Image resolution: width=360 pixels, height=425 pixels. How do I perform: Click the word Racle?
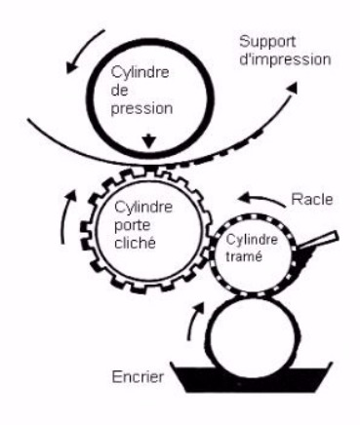312,199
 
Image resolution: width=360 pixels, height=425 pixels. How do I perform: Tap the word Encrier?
138,377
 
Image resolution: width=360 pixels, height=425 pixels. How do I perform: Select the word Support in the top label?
267,43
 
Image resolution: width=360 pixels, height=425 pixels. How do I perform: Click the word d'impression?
285,60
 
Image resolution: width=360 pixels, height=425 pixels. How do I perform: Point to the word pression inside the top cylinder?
141,109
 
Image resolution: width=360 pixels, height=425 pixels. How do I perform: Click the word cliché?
135,242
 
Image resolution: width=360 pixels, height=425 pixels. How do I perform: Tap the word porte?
133,226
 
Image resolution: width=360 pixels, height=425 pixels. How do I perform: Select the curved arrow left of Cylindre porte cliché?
64,216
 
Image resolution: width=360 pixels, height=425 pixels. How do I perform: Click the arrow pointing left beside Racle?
262,199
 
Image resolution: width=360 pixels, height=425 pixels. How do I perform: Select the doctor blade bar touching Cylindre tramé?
319,241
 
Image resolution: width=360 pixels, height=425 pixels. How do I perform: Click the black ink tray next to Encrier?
252,378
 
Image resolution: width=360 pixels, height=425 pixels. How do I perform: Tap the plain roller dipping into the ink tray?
253,330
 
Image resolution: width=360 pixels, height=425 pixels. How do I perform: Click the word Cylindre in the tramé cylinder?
252,240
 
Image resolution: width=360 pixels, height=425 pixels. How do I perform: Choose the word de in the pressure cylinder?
119,90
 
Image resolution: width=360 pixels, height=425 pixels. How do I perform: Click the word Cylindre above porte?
143,207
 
